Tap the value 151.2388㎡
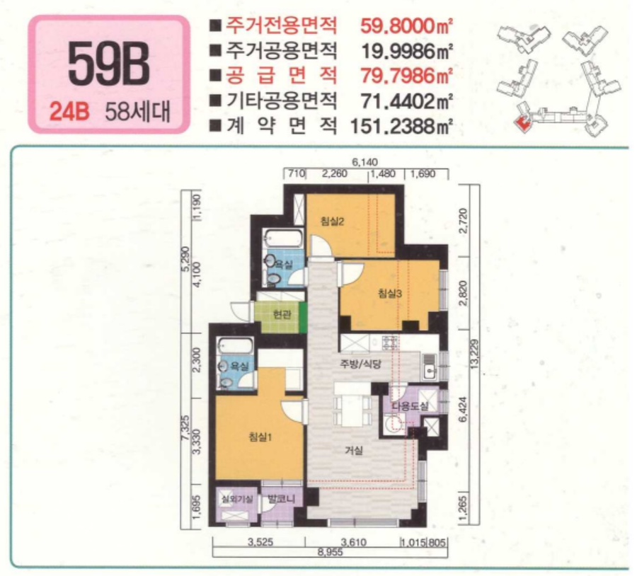[401, 127]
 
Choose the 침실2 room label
[331, 221]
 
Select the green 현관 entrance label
[282, 314]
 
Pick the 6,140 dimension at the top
[363, 163]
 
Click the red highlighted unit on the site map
[523, 123]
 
